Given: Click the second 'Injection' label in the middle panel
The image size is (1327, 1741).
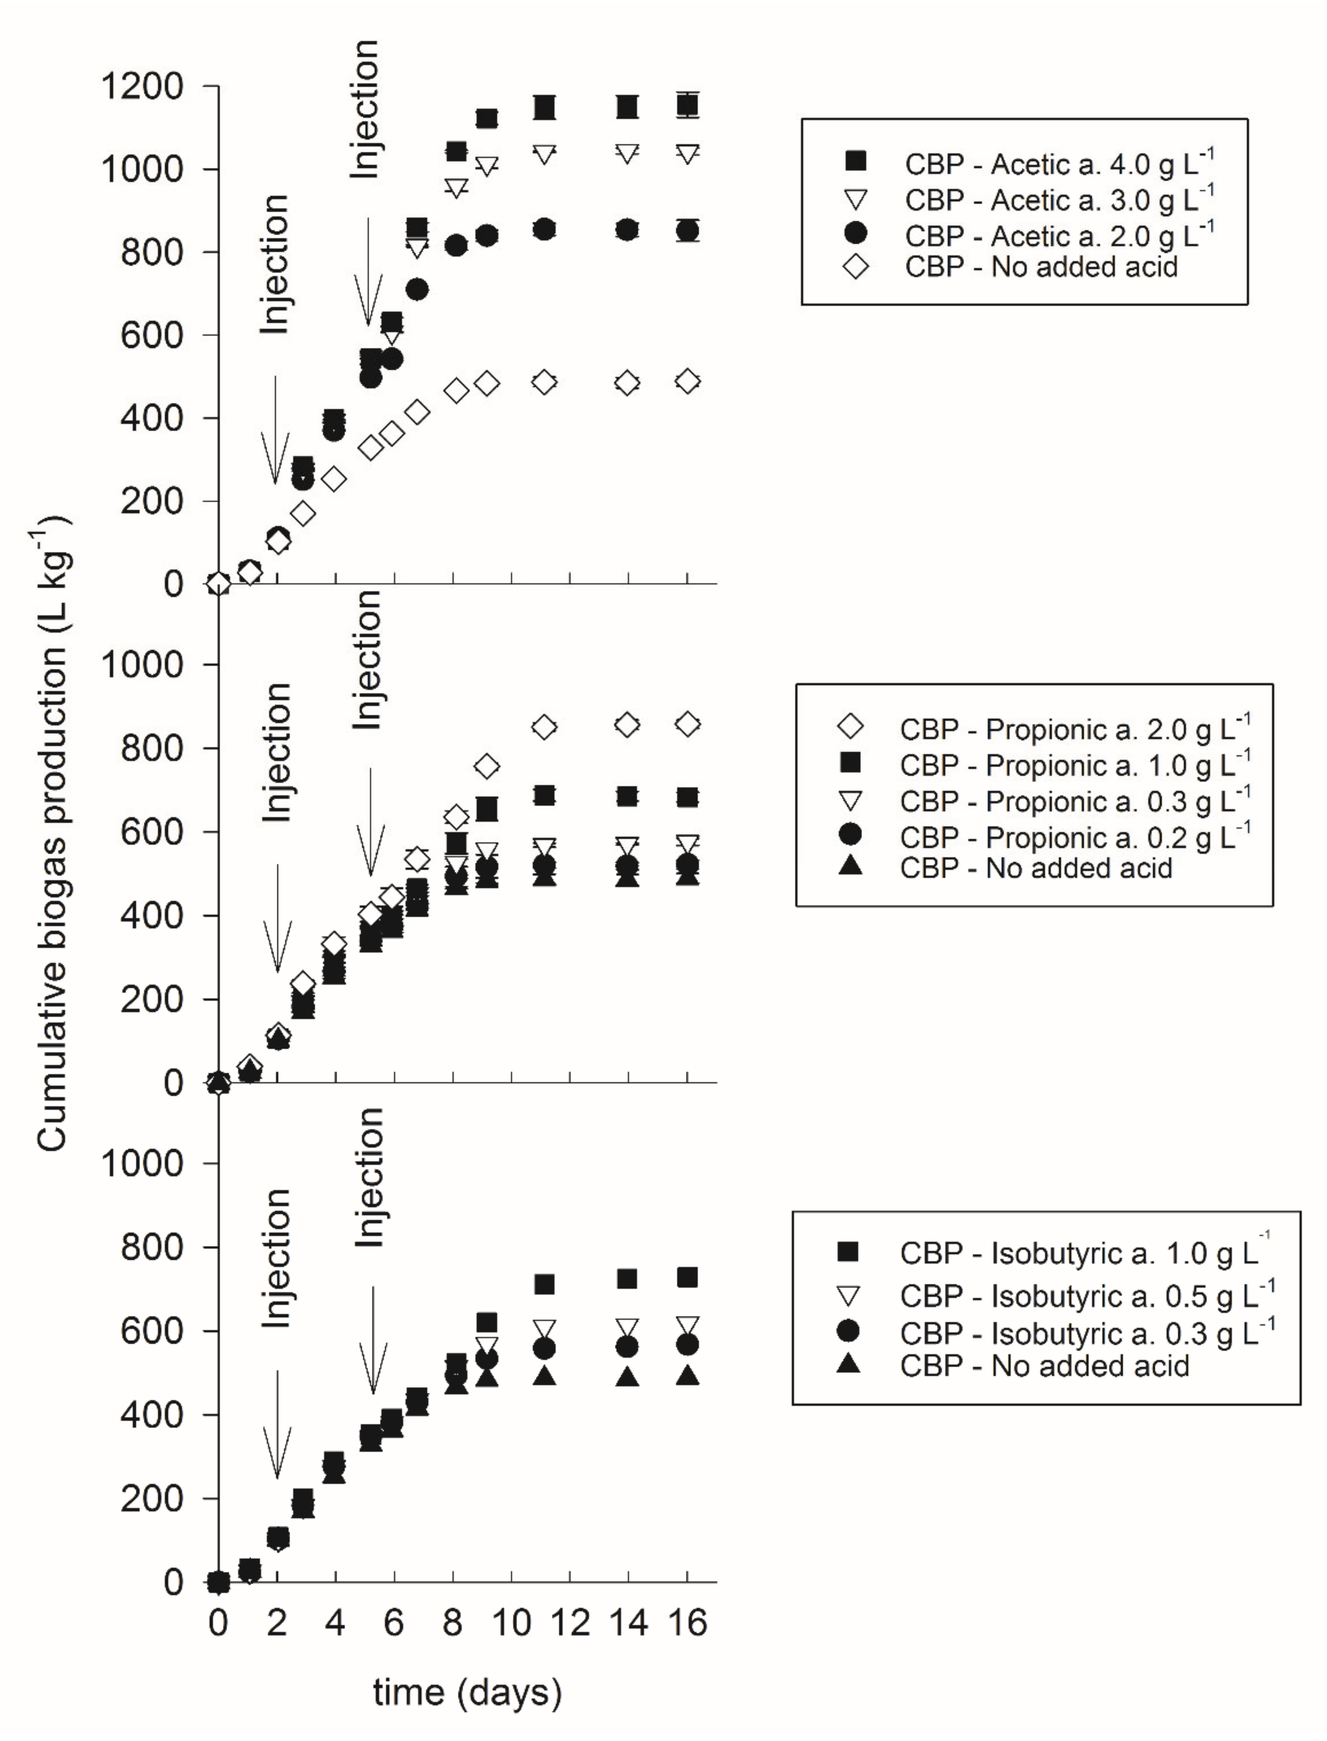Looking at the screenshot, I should pyautogui.click(x=367, y=659).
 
